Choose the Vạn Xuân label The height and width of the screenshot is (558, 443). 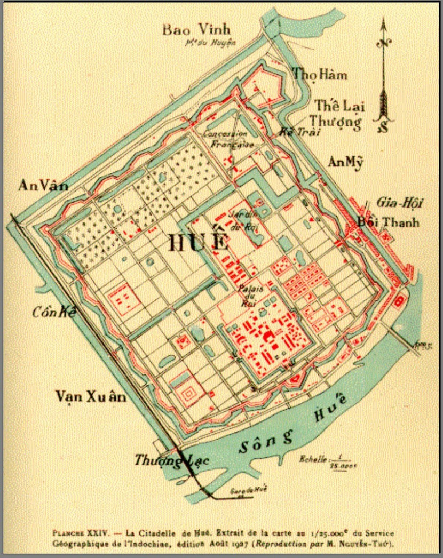pos(92,397)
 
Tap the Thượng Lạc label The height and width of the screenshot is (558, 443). pos(171,459)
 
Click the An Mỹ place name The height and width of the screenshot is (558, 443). pos(345,162)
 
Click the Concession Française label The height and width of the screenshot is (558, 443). pos(225,139)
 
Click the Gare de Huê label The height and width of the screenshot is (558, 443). pos(248,489)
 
